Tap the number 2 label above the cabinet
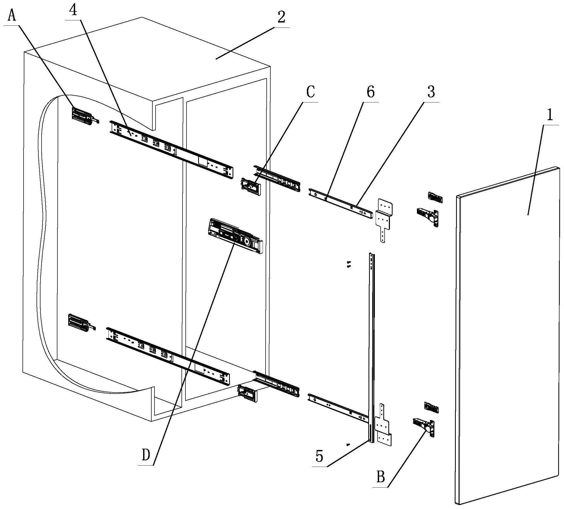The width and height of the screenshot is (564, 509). click(281, 17)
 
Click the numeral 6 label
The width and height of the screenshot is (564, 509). click(370, 92)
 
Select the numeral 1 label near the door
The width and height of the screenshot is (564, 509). click(550, 115)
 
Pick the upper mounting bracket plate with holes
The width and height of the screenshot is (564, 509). click(385, 218)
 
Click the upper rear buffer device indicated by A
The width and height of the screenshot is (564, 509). click(83, 115)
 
